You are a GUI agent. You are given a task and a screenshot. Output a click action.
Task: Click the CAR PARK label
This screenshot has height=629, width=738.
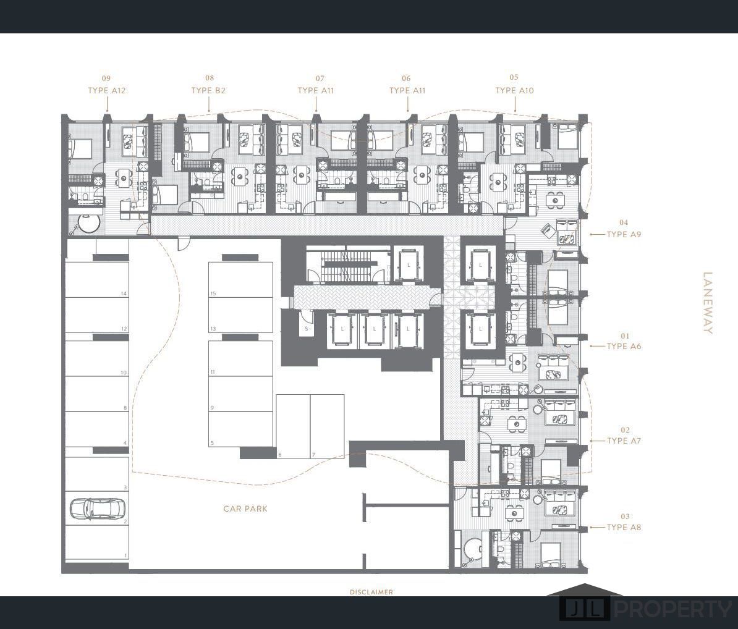(245, 509)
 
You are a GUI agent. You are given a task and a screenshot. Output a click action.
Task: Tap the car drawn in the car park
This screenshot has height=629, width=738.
(98, 508)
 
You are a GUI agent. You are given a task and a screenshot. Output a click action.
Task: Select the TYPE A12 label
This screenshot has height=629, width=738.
(107, 90)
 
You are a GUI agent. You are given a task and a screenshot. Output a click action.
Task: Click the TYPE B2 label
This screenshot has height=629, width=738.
(208, 90)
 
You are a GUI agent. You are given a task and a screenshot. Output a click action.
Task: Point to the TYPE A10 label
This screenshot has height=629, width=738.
(514, 90)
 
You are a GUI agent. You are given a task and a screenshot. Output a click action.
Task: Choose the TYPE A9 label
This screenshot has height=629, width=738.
(624, 234)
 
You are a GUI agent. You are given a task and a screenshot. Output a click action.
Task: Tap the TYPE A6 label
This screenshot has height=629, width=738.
(624, 346)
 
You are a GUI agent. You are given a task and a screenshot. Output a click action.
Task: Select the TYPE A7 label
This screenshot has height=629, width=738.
(624, 441)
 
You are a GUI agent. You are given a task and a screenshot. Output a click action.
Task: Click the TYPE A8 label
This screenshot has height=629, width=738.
(624, 528)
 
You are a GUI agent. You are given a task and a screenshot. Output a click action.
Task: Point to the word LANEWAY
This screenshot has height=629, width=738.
(708, 303)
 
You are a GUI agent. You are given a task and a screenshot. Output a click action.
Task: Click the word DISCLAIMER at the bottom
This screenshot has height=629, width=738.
(371, 592)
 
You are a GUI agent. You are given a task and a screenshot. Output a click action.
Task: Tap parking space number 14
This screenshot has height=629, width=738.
(96, 280)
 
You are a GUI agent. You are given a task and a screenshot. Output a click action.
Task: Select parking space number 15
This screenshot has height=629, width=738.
(240, 280)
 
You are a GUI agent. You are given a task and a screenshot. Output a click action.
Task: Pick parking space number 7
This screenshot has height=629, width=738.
(327, 426)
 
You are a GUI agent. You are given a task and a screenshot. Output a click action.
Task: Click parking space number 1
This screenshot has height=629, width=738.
(96, 542)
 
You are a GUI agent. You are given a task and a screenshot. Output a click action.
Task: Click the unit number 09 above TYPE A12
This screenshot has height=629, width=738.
(106, 78)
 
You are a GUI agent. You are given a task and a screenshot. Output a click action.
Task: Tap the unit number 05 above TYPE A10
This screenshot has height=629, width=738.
(514, 77)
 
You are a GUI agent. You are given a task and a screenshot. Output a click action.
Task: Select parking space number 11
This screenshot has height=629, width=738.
(240, 358)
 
